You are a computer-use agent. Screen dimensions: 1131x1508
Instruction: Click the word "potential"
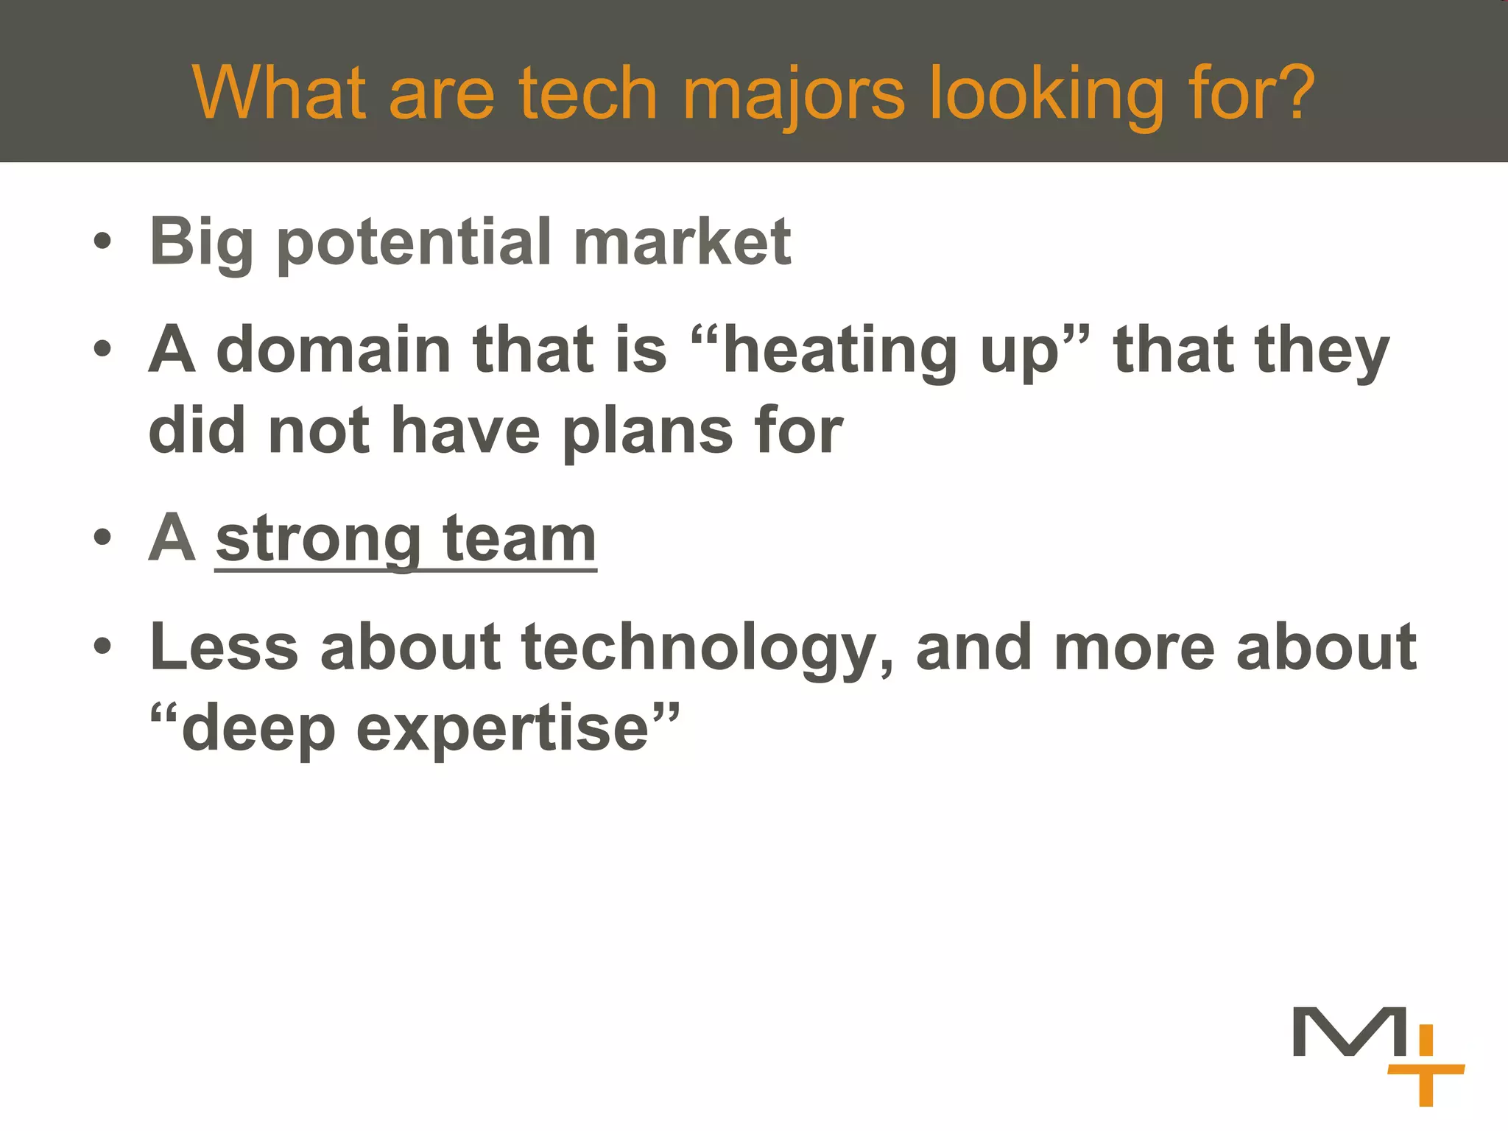point(413,243)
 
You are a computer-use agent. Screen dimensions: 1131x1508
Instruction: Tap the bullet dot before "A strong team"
point(103,537)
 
